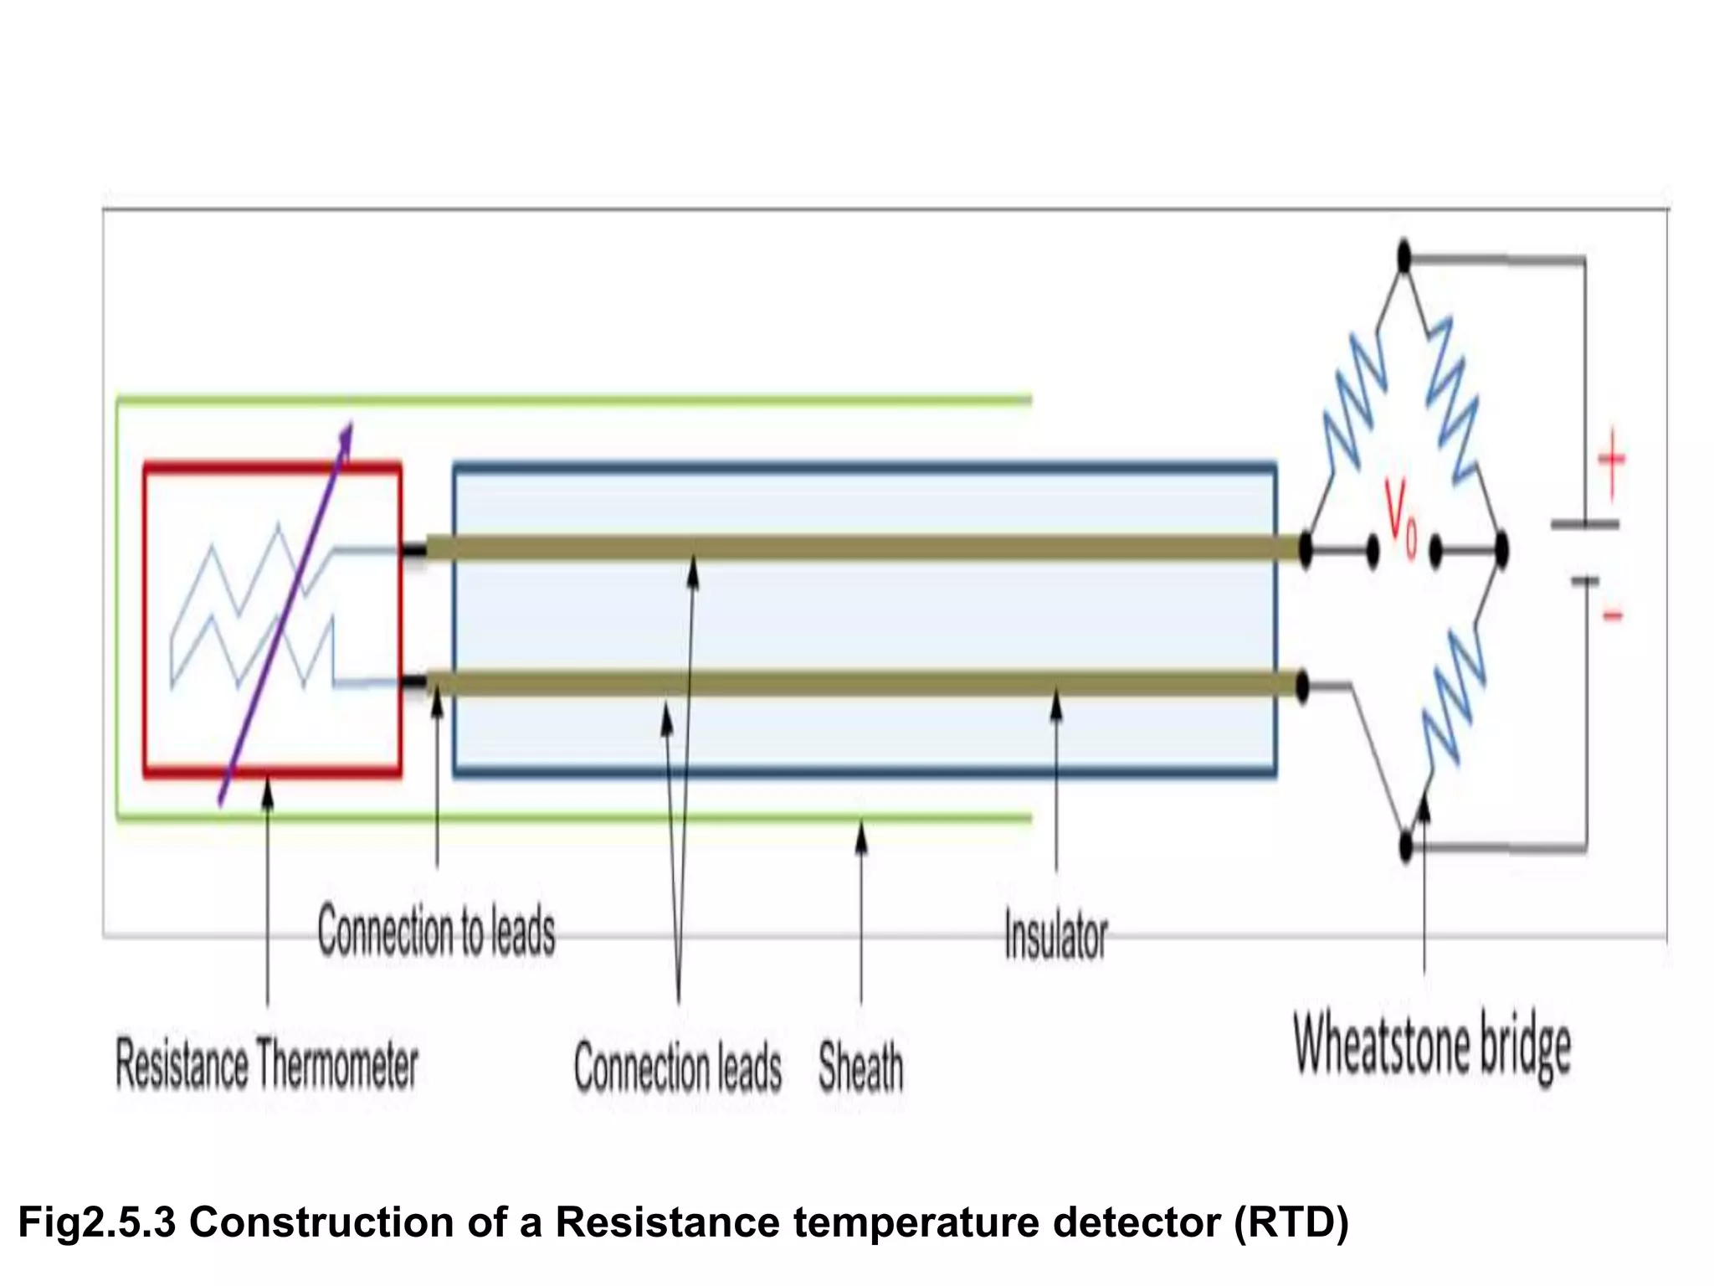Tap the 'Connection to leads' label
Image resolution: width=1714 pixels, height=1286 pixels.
(436, 932)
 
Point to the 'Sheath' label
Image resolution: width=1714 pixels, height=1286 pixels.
(861, 1067)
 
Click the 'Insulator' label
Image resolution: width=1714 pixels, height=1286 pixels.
(1055, 936)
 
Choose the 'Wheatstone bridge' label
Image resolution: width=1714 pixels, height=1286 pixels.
(1432, 1046)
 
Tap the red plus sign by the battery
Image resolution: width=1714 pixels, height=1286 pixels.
(1612, 460)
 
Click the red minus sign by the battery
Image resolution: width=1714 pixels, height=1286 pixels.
(1613, 616)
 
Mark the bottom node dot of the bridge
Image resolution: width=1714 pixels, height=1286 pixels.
(1406, 846)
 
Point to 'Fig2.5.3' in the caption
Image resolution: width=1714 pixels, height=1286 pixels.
(96, 1222)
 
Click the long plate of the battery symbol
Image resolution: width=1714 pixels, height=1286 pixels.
(1585, 525)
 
